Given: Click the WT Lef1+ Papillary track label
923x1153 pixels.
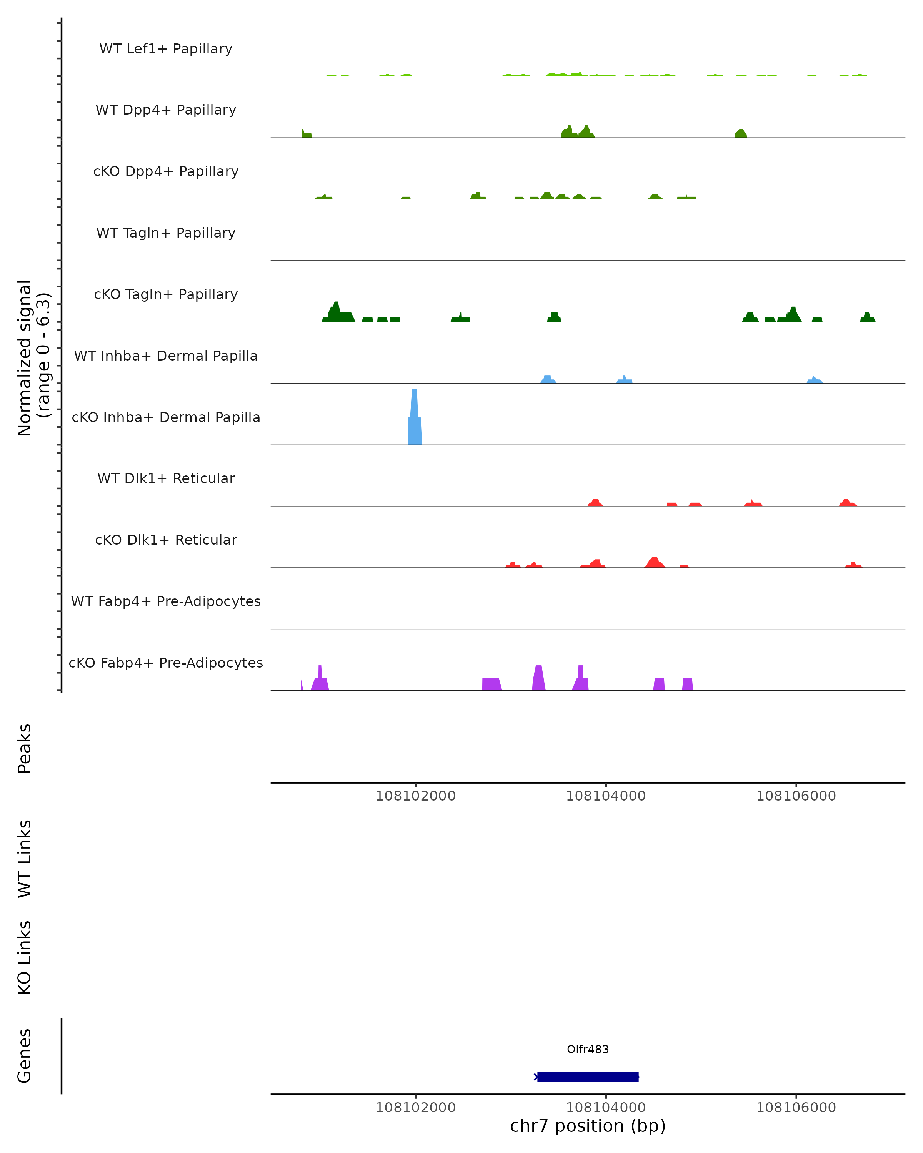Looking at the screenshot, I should (x=166, y=49).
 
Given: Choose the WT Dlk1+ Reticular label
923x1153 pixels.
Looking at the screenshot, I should (x=166, y=478).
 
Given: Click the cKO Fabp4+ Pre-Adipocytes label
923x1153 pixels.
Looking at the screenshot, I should (x=166, y=663).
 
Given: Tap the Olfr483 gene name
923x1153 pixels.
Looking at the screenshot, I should (x=588, y=1049).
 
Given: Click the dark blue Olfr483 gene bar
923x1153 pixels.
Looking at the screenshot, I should (x=588, y=1077).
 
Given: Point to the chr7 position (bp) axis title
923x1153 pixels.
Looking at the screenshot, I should (x=588, y=1126).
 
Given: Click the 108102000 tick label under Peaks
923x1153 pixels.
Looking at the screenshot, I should (x=415, y=796).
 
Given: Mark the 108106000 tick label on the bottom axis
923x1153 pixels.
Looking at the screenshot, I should (x=796, y=1108).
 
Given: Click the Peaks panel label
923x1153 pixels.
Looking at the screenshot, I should (x=25, y=749).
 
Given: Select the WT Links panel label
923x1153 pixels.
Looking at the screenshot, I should (x=25, y=859).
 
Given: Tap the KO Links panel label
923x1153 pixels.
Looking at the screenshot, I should (x=25, y=958).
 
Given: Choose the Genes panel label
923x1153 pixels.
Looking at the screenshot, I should (x=25, y=1056).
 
